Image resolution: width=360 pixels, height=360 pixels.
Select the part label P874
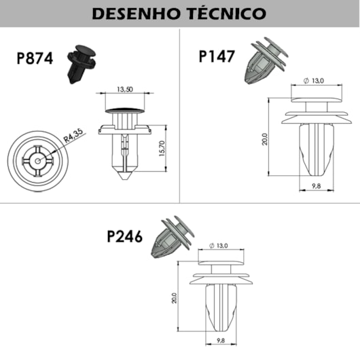pos(35,58)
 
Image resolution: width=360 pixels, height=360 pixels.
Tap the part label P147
pos(217,56)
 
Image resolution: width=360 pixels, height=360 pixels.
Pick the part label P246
pos(125,236)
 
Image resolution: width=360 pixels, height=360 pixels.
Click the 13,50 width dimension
pos(125,89)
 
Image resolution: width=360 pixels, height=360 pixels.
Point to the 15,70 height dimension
pos(162,149)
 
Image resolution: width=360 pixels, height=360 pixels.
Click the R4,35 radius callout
pos(73,136)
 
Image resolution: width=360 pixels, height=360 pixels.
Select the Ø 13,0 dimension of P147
pos(314,81)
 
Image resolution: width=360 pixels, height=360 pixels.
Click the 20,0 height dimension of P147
pos(265,139)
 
